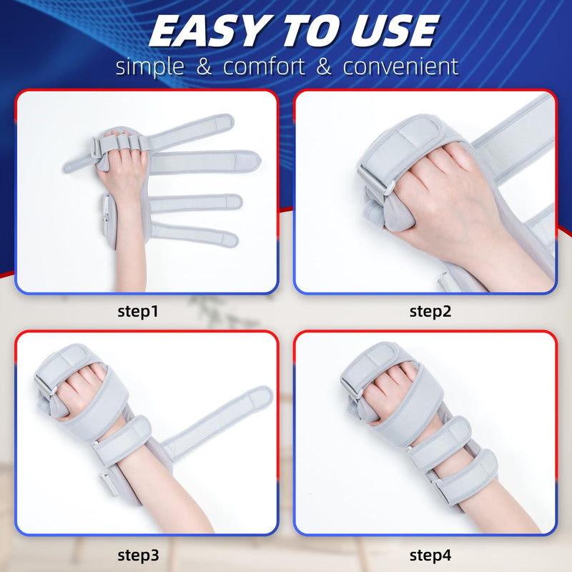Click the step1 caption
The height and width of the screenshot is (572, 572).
138,311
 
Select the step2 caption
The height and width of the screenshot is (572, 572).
430,311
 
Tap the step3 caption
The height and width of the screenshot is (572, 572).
138,554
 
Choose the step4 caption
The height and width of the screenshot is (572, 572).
430,554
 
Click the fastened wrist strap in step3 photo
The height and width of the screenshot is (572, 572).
122,436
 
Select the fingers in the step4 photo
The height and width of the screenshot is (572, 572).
390,379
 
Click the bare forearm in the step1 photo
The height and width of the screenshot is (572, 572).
131,250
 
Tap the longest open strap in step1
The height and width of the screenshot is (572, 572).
204,162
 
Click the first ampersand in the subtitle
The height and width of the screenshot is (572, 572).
205,67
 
